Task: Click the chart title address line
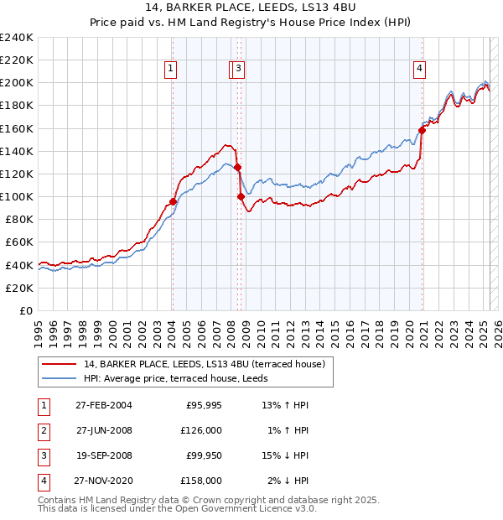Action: click(251, 8)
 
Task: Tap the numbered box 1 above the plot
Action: click(170, 70)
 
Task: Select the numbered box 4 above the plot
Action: click(418, 70)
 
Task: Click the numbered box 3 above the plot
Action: click(239, 70)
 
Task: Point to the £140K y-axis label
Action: click(17, 151)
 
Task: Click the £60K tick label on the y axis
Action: click(19, 242)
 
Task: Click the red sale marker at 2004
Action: click(173, 201)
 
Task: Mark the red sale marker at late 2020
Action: click(423, 130)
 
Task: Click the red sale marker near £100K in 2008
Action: click(241, 197)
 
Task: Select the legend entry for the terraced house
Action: click(199, 363)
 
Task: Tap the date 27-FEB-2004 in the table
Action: click(103, 404)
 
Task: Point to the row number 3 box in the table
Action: click(42, 455)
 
